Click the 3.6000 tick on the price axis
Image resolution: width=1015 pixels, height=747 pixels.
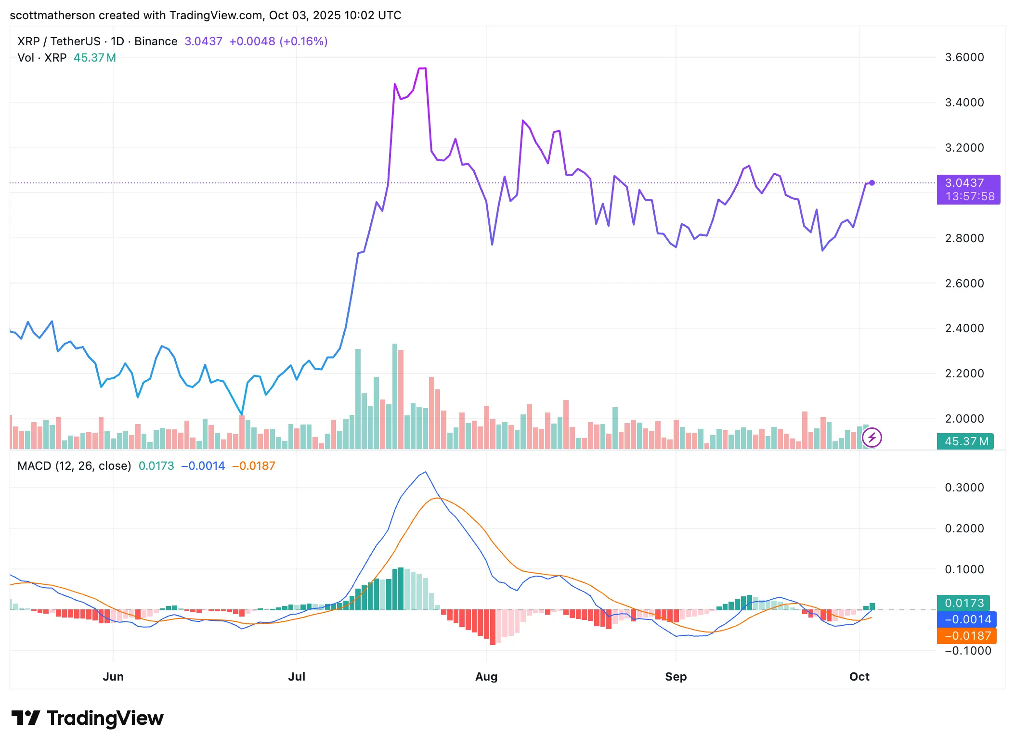click(964, 57)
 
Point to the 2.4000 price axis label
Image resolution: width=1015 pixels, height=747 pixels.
click(964, 328)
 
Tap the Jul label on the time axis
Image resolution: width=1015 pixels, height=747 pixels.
click(296, 676)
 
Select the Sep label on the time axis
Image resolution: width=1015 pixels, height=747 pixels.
click(676, 676)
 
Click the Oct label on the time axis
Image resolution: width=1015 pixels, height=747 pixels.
click(859, 676)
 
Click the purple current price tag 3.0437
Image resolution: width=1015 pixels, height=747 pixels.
click(968, 189)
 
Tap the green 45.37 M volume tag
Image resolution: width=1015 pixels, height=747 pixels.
click(965, 441)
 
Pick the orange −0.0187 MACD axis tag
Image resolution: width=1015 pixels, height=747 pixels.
click(967, 636)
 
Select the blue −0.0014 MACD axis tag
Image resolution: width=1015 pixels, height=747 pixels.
click(967, 619)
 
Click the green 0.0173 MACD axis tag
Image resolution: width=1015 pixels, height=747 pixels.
click(964, 603)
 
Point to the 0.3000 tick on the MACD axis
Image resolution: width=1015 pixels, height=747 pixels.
click(964, 488)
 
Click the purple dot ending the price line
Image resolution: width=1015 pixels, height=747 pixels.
click(872, 183)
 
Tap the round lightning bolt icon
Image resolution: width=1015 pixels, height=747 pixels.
click(872, 438)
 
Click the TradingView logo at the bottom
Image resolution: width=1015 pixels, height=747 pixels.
click(88, 718)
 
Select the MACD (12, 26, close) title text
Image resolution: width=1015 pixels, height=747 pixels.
click(74, 466)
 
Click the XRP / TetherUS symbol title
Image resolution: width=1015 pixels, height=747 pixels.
click(59, 41)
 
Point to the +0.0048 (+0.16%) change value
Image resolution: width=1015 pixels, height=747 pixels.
click(278, 41)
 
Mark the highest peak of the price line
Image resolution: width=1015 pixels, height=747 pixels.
click(423, 69)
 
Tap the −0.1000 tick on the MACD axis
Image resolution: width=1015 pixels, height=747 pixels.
click(964, 651)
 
